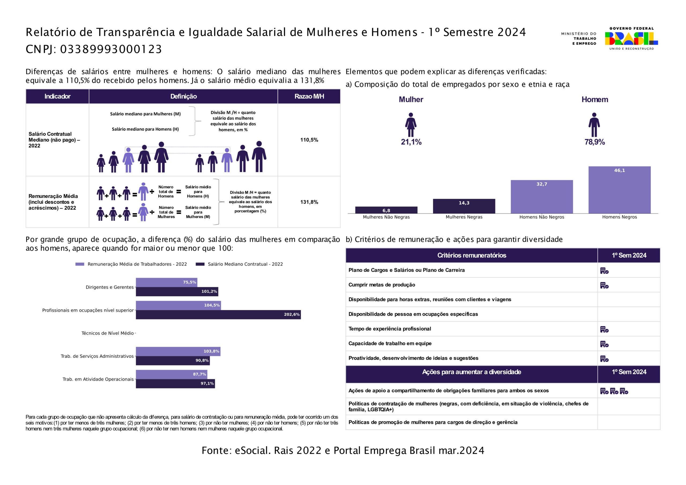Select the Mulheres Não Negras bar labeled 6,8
tap(386, 210)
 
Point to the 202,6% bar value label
tap(292, 314)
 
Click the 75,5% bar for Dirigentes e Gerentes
tap(166, 282)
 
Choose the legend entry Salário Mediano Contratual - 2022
tap(239, 264)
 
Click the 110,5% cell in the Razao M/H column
tap(309, 140)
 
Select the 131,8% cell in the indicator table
tap(309, 202)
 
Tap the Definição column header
tap(184, 96)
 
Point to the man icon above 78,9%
tap(594, 125)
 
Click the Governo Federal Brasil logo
tap(631, 39)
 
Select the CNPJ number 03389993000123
tap(111, 49)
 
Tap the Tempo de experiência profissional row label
tap(390, 329)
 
